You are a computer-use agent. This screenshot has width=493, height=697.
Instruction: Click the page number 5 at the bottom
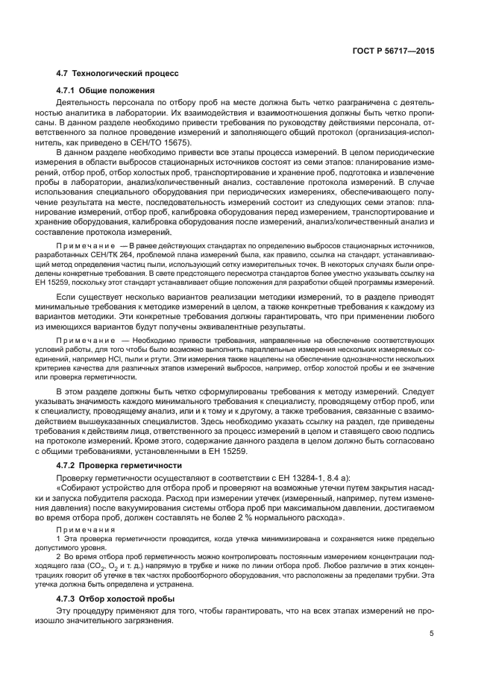pyautogui.click(x=432, y=634)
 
